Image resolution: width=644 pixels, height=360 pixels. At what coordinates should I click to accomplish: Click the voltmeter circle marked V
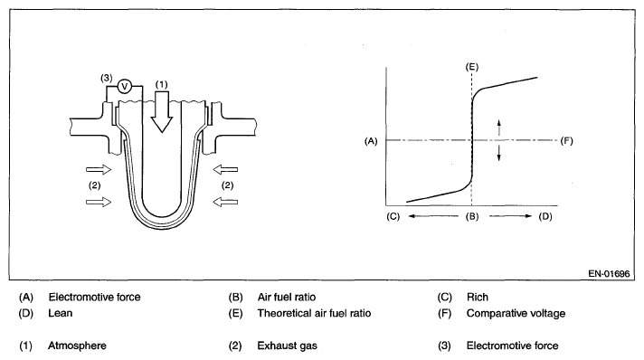click(125, 87)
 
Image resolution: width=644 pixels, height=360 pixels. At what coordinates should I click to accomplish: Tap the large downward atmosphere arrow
click(162, 111)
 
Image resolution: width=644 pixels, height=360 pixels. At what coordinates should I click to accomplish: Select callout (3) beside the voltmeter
click(107, 78)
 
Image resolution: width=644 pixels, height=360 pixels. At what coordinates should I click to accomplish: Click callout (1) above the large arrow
click(161, 84)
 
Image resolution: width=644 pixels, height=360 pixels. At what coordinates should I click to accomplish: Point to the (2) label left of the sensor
click(94, 185)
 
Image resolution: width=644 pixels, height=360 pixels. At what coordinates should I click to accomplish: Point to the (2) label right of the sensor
click(228, 185)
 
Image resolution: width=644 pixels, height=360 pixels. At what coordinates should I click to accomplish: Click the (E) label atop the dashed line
click(472, 67)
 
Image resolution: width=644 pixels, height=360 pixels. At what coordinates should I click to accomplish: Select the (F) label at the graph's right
click(566, 141)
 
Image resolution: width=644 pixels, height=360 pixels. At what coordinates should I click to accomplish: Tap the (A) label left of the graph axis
click(371, 141)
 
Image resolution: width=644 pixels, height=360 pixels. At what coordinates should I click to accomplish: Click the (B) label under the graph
click(472, 216)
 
